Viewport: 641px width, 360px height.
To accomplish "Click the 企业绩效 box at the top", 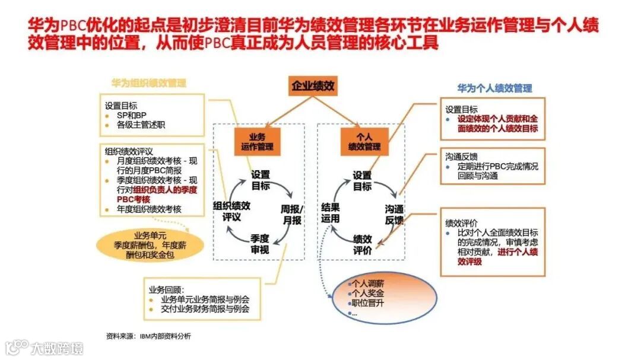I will (x=313, y=87).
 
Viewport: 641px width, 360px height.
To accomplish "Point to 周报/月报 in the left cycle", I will (x=291, y=214).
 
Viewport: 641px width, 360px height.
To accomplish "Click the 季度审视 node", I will (x=259, y=244).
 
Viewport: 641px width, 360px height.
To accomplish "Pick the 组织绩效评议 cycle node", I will (x=231, y=212).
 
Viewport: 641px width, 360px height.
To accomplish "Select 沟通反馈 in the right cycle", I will (x=394, y=215).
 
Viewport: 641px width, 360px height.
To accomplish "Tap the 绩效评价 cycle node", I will (x=363, y=244).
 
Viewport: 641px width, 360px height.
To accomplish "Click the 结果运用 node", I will (x=331, y=212).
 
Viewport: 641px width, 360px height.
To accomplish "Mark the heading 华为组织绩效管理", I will (x=148, y=83).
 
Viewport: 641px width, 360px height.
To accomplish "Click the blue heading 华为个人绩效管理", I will (x=494, y=88).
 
